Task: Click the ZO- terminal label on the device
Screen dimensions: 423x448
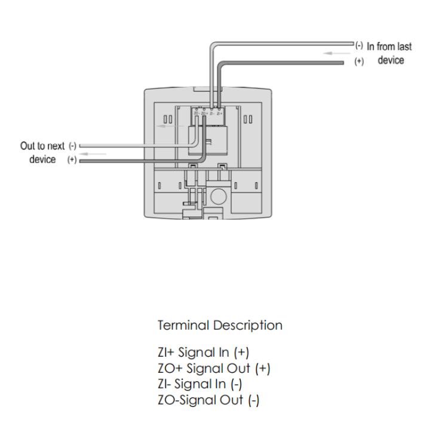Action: point(197,113)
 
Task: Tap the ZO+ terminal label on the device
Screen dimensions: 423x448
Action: point(204,113)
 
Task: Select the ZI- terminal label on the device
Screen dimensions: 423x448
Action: point(212,113)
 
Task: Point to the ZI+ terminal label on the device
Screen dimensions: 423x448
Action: point(220,113)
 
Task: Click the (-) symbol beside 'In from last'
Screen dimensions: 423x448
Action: point(358,46)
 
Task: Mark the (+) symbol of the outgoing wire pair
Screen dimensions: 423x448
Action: point(72,160)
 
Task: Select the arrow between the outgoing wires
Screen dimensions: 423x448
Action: point(98,154)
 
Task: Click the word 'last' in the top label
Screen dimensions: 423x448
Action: point(403,46)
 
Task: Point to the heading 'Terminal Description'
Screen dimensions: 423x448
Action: point(220,326)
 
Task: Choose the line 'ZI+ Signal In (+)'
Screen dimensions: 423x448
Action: point(203,352)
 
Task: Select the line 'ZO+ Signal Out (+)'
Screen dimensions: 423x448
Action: point(214,369)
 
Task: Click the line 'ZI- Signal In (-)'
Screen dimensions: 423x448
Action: point(200,384)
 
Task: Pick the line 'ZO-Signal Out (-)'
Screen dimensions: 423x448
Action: point(208,400)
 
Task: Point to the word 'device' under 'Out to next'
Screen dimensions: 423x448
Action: point(42,160)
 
